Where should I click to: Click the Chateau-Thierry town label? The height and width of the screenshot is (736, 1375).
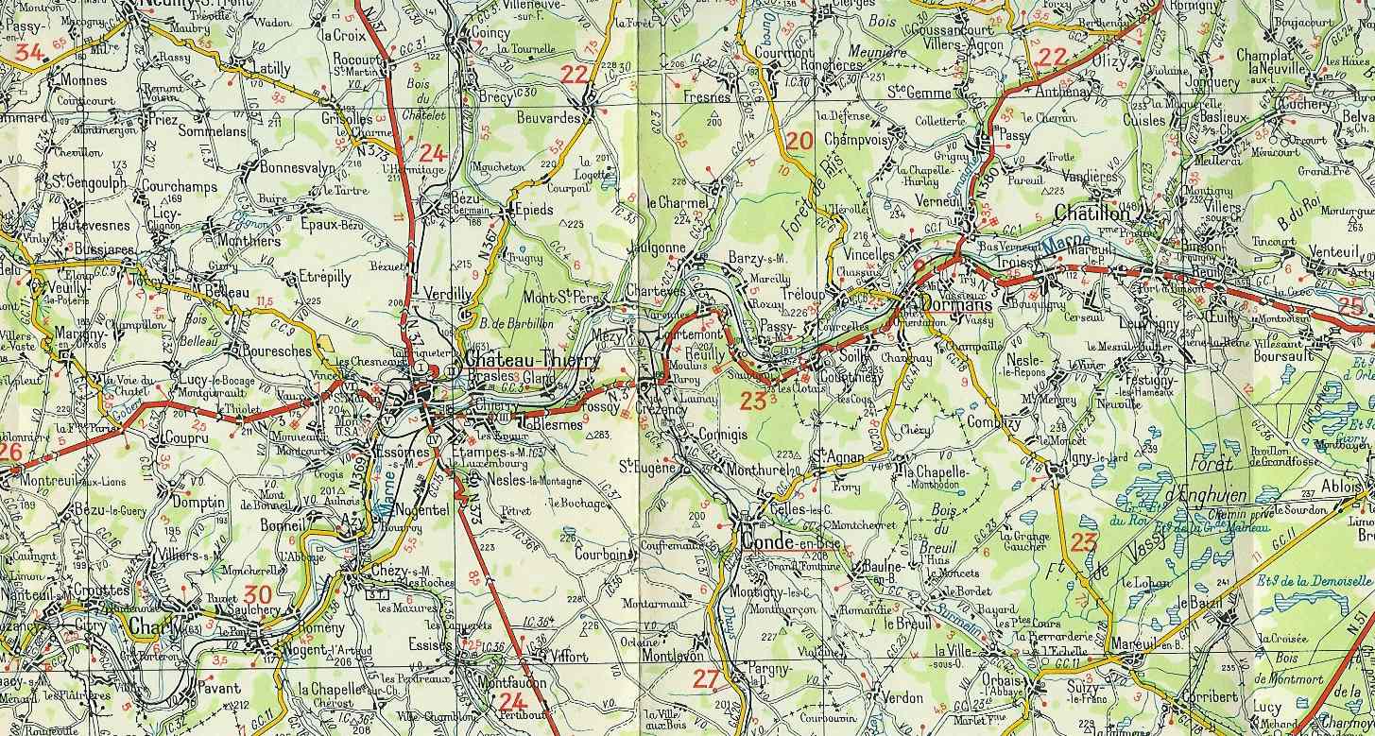point(531,361)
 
